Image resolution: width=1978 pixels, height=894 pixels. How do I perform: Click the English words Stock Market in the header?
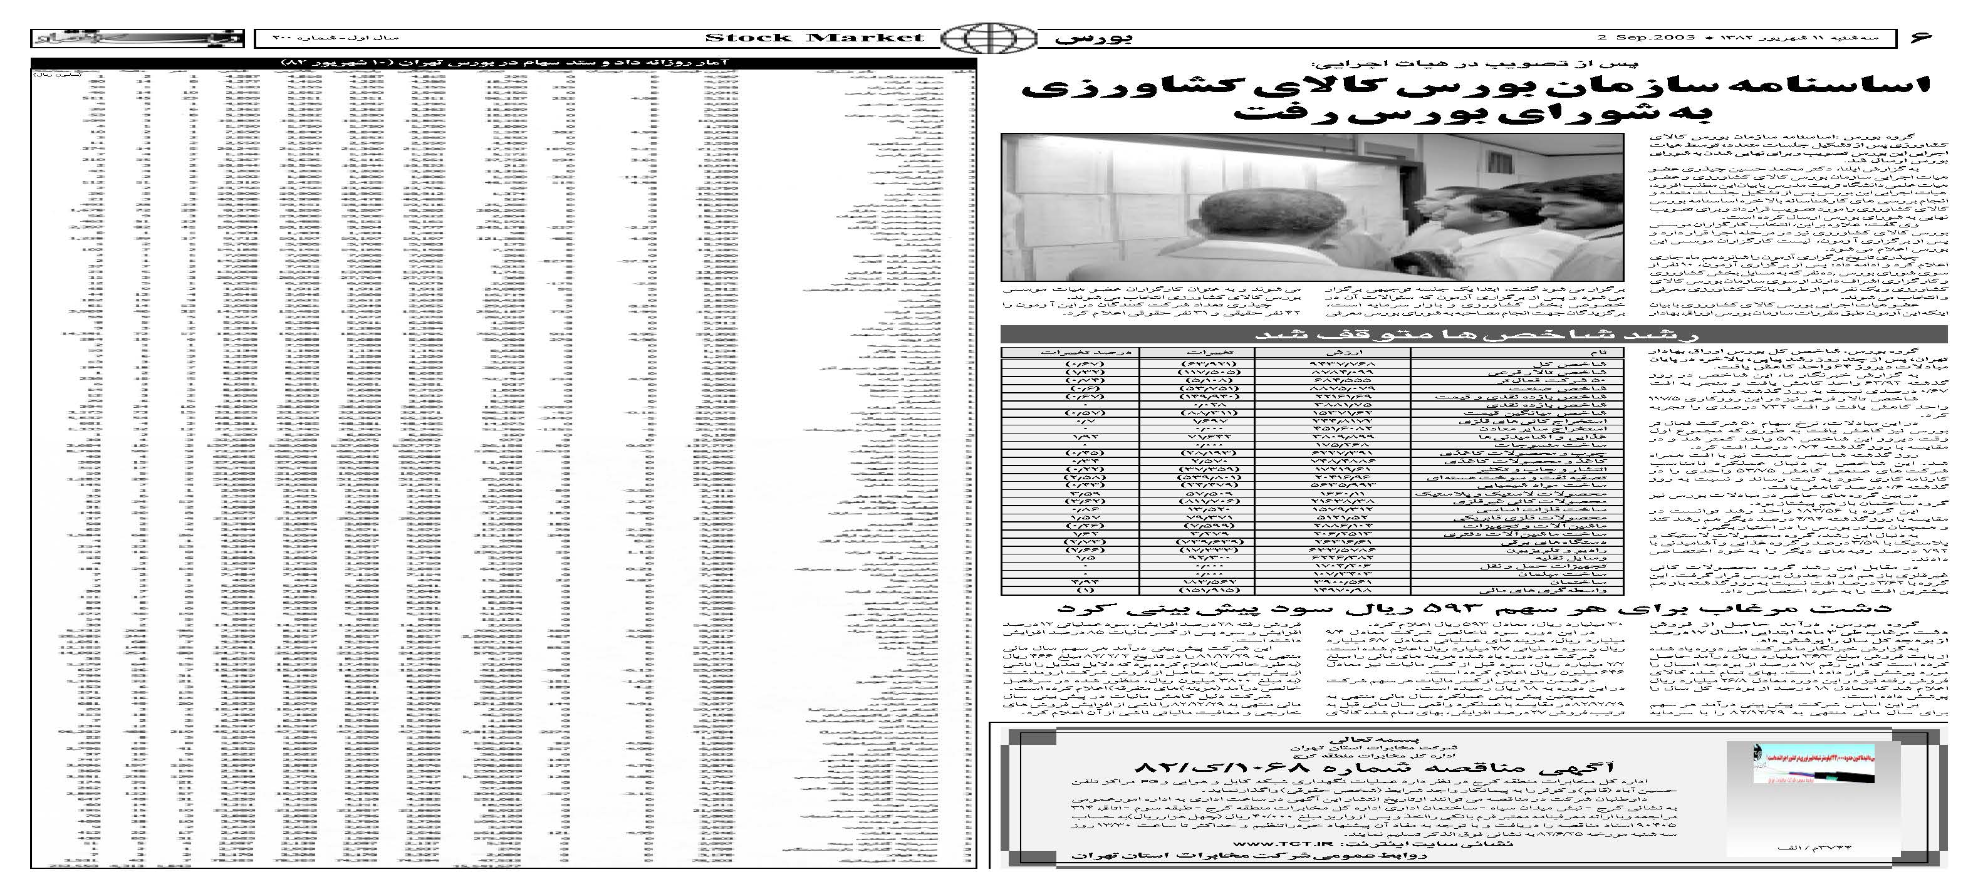point(814,38)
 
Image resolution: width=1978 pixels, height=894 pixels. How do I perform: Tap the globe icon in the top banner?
point(988,38)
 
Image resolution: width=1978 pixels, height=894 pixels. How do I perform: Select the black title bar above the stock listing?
point(504,62)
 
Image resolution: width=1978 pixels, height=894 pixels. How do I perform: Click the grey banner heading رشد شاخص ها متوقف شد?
point(1474,335)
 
